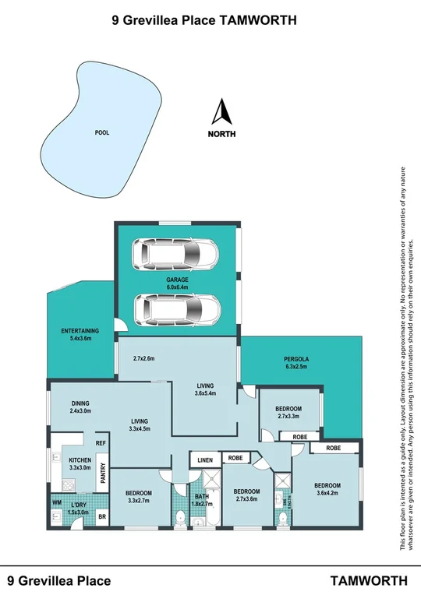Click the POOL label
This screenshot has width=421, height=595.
(x=101, y=132)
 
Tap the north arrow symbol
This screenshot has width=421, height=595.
(x=221, y=113)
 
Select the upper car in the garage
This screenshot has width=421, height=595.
(x=175, y=253)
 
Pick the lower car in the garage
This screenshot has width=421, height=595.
(x=175, y=309)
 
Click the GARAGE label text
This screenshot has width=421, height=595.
(x=178, y=279)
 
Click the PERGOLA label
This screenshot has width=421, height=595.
(x=297, y=359)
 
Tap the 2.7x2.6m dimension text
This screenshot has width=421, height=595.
(x=143, y=359)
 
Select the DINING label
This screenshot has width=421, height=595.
(x=80, y=403)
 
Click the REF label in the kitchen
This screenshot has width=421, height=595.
(x=101, y=443)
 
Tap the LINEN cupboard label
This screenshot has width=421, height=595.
(x=205, y=459)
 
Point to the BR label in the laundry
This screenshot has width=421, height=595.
(x=102, y=516)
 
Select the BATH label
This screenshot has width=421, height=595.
(x=202, y=496)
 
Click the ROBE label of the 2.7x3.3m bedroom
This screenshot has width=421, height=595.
(x=299, y=438)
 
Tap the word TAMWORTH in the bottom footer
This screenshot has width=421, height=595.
(x=369, y=580)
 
